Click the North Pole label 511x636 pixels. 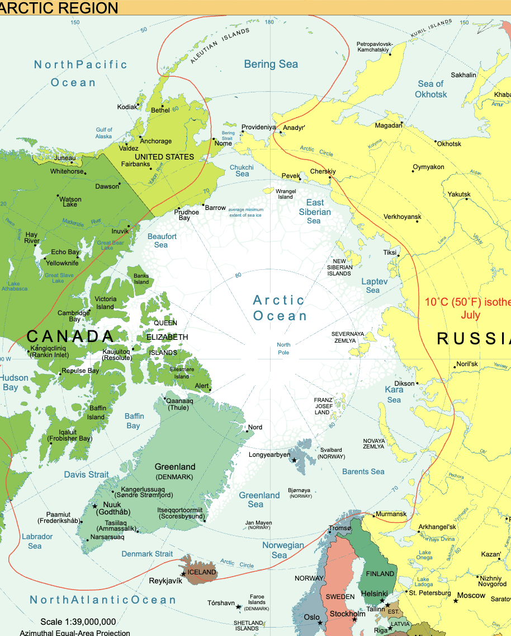coord(283,348)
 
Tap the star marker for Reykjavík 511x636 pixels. coord(183,574)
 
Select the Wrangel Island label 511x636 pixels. coord(286,194)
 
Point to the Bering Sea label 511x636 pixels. coord(271,64)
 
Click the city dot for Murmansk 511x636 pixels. coord(373,515)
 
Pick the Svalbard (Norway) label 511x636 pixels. coord(332,453)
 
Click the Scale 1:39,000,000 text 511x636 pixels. coord(78,621)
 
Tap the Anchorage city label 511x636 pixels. coord(156,141)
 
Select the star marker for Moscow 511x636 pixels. coord(456,601)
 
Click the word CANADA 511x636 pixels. coord(70,336)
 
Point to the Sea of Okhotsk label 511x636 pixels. coord(431,89)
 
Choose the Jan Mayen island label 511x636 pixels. coord(259,525)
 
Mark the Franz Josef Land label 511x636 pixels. coord(323,406)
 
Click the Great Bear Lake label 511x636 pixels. coord(111,245)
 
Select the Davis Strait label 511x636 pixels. coord(86,474)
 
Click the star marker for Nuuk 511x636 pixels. coord(94,506)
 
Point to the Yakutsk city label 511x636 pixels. coord(459,194)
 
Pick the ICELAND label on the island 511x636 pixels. coord(202,572)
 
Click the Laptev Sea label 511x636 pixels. coord(373,286)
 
